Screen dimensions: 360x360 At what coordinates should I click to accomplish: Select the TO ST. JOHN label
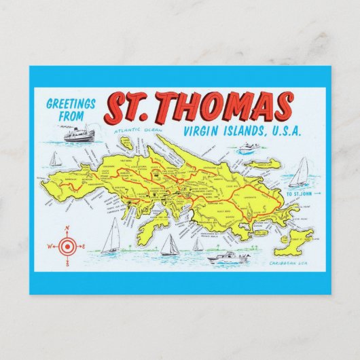click(x=301, y=195)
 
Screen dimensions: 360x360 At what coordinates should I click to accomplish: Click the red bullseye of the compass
click(x=67, y=246)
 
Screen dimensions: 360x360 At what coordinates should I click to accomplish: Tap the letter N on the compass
click(x=67, y=228)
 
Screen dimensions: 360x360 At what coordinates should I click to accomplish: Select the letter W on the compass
click(x=49, y=247)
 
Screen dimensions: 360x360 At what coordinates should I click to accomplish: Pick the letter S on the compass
click(x=67, y=264)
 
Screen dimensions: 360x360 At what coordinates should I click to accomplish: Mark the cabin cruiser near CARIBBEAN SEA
click(x=228, y=257)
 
